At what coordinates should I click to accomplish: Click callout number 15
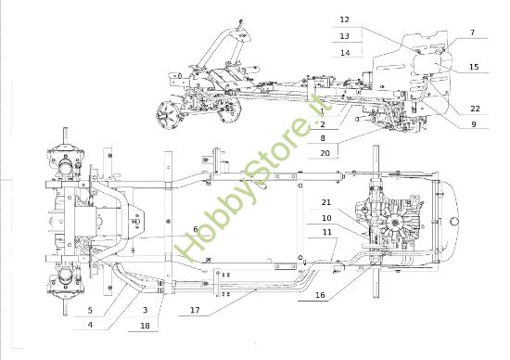tap(474, 67)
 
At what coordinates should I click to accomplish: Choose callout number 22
tap(474, 109)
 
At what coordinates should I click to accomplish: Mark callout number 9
tap(472, 124)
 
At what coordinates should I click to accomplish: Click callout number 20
tap(325, 152)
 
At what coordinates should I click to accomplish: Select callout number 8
tap(322, 137)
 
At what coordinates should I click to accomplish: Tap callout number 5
tap(90, 309)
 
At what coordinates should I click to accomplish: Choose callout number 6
tap(195, 228)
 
